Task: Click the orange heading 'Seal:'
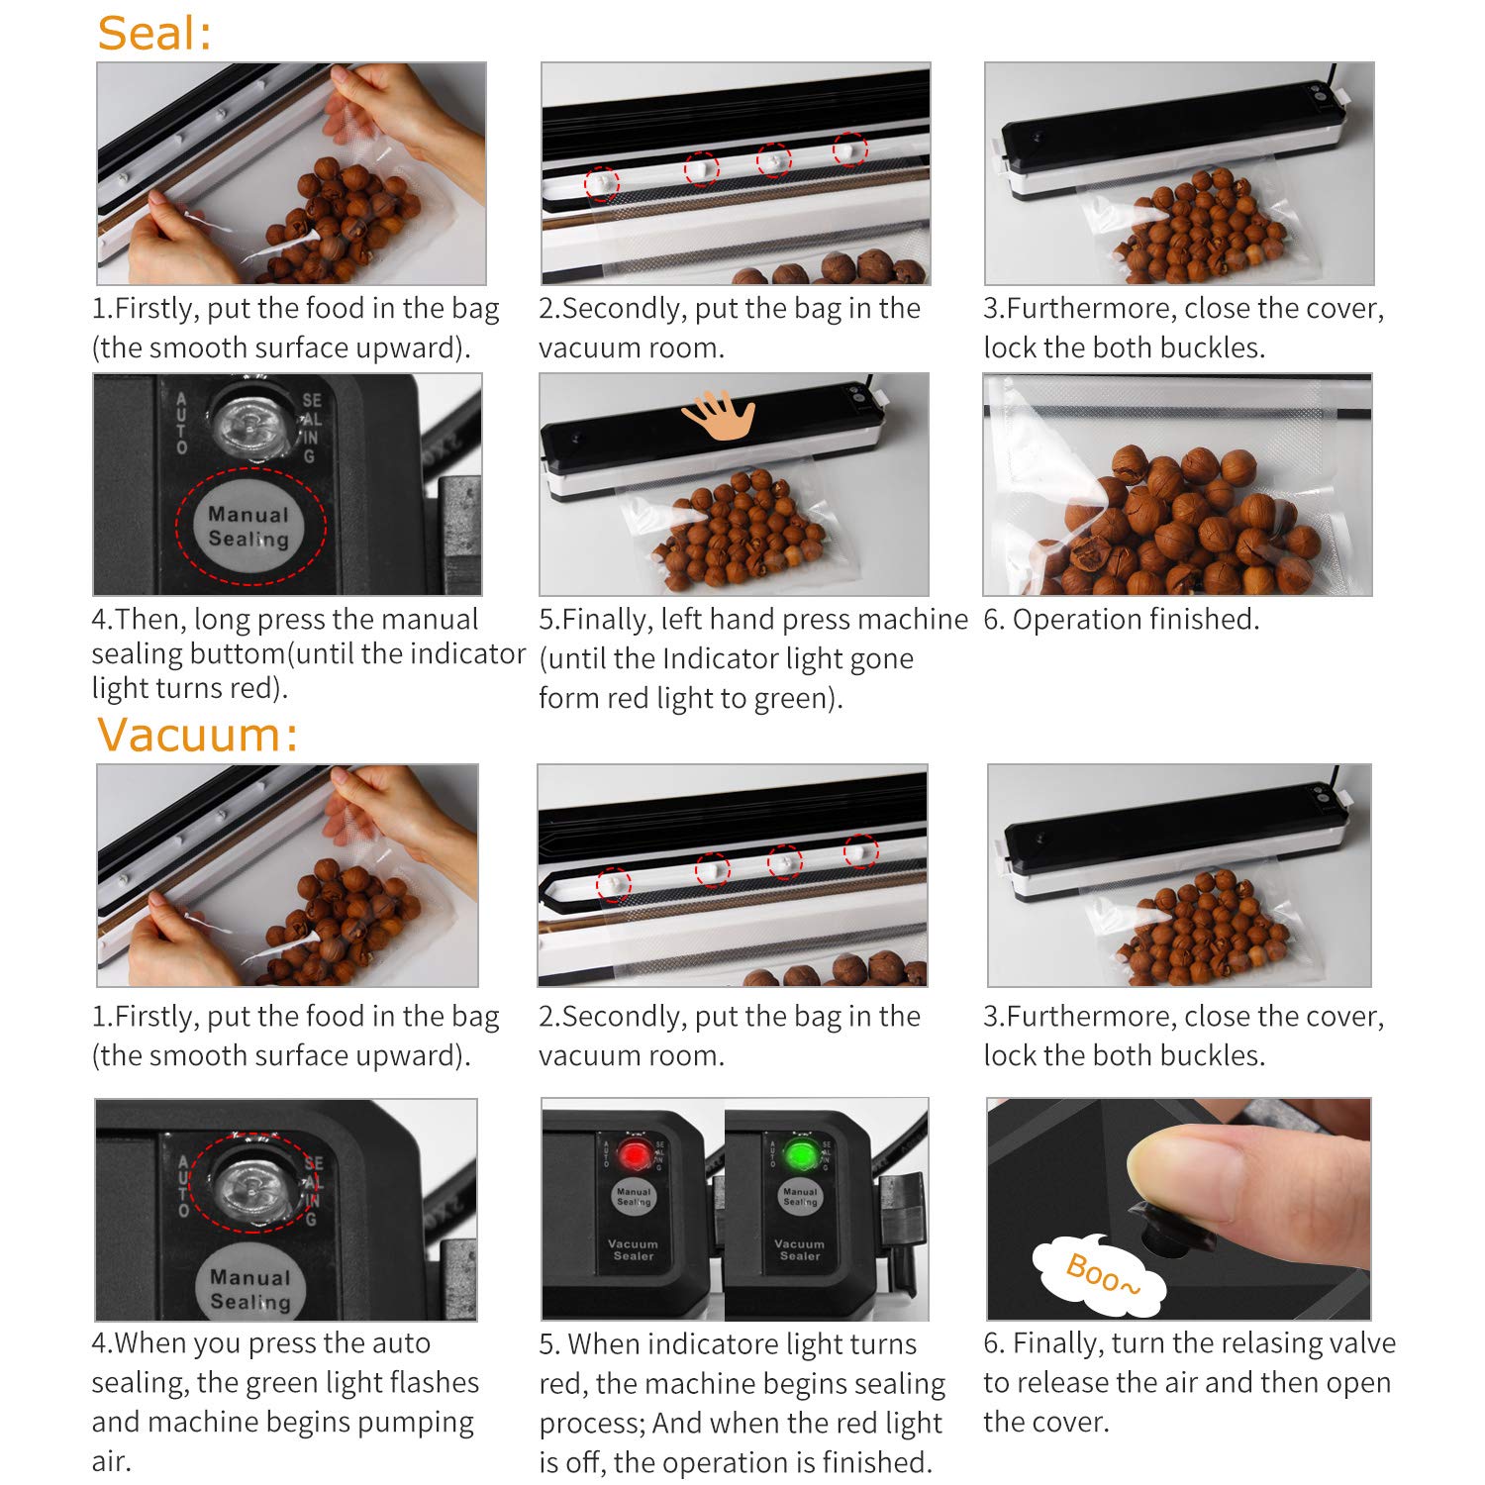[x=154, y=33]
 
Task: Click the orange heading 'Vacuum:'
[x=197, y=736]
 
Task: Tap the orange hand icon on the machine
[x=720, y=414]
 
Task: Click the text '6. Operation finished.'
[x=1121, y=620]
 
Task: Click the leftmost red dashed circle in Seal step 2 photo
[x=601, y=184]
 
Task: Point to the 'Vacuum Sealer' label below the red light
[x=634, y=1249]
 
